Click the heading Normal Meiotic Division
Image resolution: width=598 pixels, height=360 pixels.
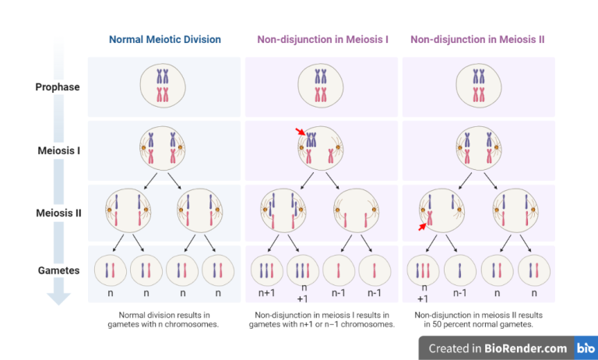coord(164,39)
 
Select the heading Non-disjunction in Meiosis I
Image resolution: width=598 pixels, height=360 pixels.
coord(322,39)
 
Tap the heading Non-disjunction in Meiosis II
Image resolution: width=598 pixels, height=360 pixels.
coord(479,39)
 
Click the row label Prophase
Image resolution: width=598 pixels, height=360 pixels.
coord(58,87)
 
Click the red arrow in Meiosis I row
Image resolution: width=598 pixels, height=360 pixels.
coord(301,133)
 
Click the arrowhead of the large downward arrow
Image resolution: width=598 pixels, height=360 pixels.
coord(58,297)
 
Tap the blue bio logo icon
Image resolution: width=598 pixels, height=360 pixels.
coord(583,348)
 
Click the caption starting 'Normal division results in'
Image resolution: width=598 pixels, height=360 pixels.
coord(164,320)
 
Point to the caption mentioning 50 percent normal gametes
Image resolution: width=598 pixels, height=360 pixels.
coord(478,320)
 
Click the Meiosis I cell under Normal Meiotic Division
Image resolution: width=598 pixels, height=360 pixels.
coord(164,148)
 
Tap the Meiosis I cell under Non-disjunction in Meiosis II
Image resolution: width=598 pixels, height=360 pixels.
coord(478,148)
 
